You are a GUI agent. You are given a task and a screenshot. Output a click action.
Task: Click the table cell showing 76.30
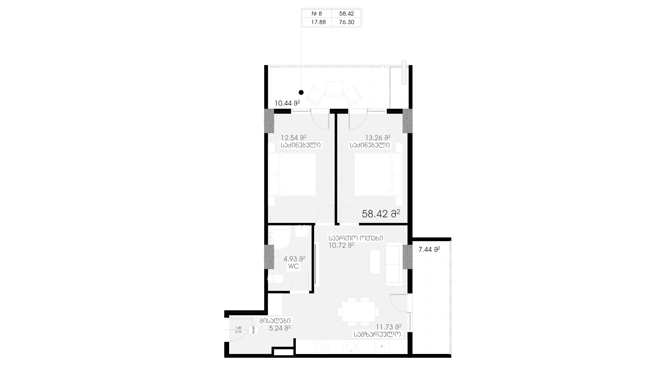click(x=346, y=22)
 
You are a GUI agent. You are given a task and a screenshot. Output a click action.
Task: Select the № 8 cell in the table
click(x=317, y=14)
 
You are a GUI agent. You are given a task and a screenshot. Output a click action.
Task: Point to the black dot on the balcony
click(x=301, y=92)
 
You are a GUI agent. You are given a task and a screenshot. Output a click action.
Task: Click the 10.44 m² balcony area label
click(x=287, y=103)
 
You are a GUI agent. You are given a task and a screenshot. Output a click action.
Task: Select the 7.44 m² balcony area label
click(x=429, y=249)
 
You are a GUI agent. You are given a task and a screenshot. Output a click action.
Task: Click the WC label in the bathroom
click(x=293, y=266)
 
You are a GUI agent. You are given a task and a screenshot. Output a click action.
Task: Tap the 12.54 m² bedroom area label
click(x=293, y=137)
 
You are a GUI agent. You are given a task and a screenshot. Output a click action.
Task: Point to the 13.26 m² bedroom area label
click(x=378, y=137)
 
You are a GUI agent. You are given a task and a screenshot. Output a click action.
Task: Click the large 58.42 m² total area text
click(x=381, y=214)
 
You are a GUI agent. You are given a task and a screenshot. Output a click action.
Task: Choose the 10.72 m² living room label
click(x=341, y=245)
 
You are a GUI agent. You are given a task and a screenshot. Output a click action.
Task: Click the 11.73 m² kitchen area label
click(x=389, y=327)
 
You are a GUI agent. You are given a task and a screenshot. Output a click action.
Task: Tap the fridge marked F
click(x=382, y=347)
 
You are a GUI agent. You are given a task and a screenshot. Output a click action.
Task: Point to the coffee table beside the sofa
click(x=375, y=262)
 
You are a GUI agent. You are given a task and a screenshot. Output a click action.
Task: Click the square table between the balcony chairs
click(x=334, y=89)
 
